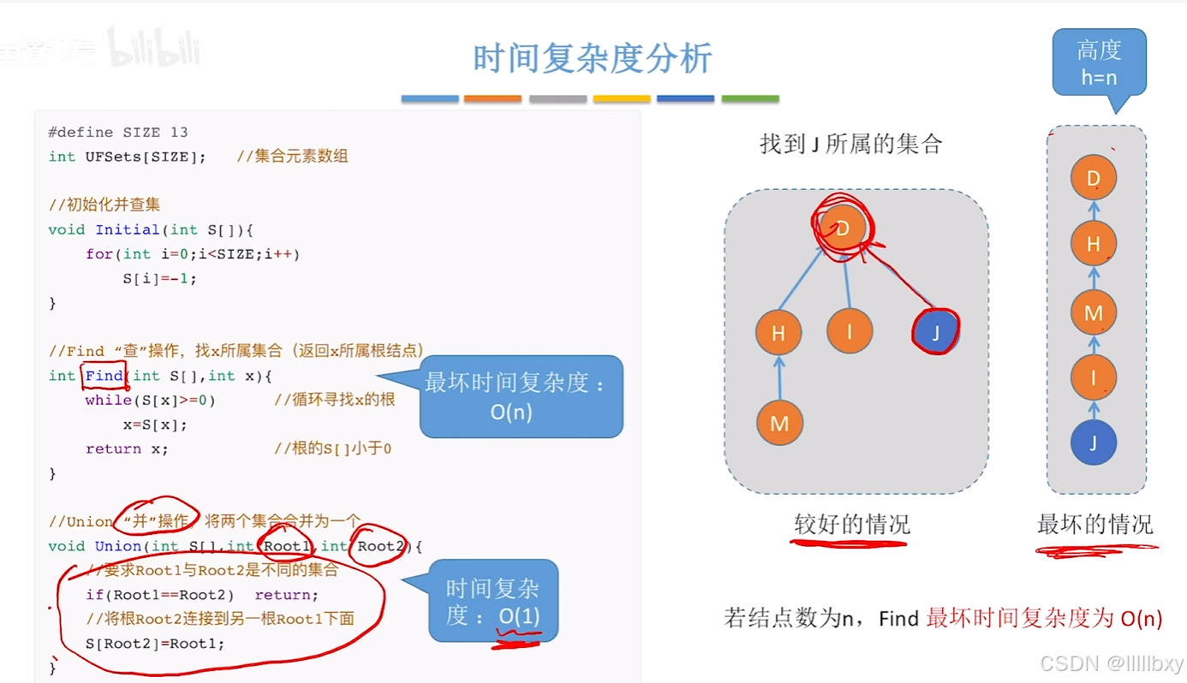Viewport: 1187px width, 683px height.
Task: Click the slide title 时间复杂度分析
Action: point(593,58)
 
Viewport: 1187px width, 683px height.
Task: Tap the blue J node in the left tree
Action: point(935,332)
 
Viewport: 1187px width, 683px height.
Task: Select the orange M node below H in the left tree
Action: point(779,423)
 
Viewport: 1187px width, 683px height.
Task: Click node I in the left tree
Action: point(850,330)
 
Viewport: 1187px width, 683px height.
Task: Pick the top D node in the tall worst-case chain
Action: point(1094,179)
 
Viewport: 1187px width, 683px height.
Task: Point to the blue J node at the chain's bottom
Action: point(1094,442)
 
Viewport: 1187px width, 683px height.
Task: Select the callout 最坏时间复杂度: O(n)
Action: point(521,396)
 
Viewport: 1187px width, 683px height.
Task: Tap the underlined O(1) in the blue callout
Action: point(519,616)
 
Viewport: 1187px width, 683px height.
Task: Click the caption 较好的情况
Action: point(851,524)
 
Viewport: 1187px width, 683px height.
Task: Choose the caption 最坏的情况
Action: point(1095,524)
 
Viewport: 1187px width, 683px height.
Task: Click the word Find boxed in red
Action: point(104,375)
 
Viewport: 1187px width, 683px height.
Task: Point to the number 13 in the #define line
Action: point(178,133)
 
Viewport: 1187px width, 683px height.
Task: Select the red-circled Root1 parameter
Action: point(285,546)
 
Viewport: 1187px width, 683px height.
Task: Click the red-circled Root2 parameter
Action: point(380,546)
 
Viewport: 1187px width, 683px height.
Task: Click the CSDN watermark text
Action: point(1111,662)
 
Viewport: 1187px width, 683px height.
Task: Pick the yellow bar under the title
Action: point(622,99)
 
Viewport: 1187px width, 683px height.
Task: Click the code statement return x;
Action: point(127,449)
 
